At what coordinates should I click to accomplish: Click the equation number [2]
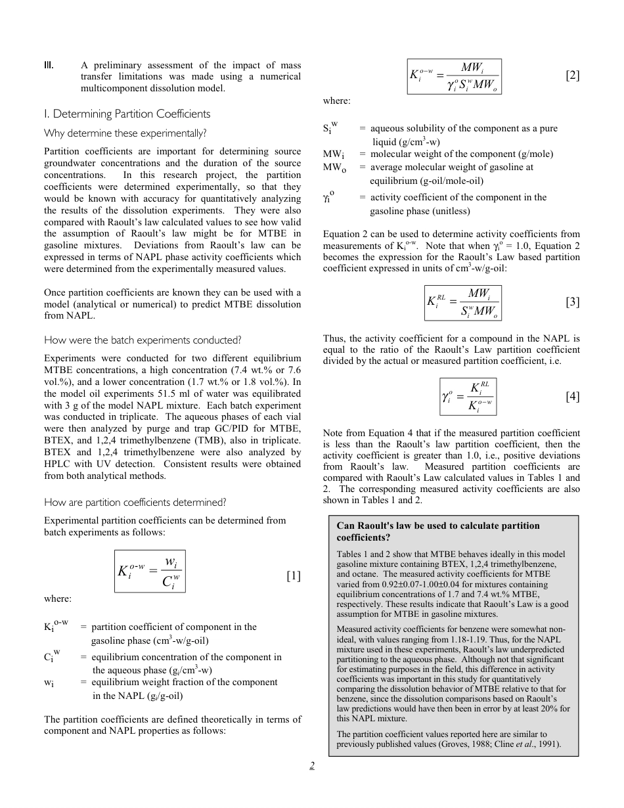coord(572,76)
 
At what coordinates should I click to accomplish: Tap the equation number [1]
coord(293,576)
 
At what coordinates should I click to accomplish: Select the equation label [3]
coord(572,302)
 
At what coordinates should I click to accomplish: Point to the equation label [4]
coord(572,396)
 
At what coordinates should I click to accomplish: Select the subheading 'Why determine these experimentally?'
coord(125,133)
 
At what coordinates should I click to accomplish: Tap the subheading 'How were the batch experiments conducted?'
coord(143,340)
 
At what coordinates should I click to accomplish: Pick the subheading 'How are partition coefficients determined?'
coord(135,503)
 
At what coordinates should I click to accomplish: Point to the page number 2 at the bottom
coord(313,765)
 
